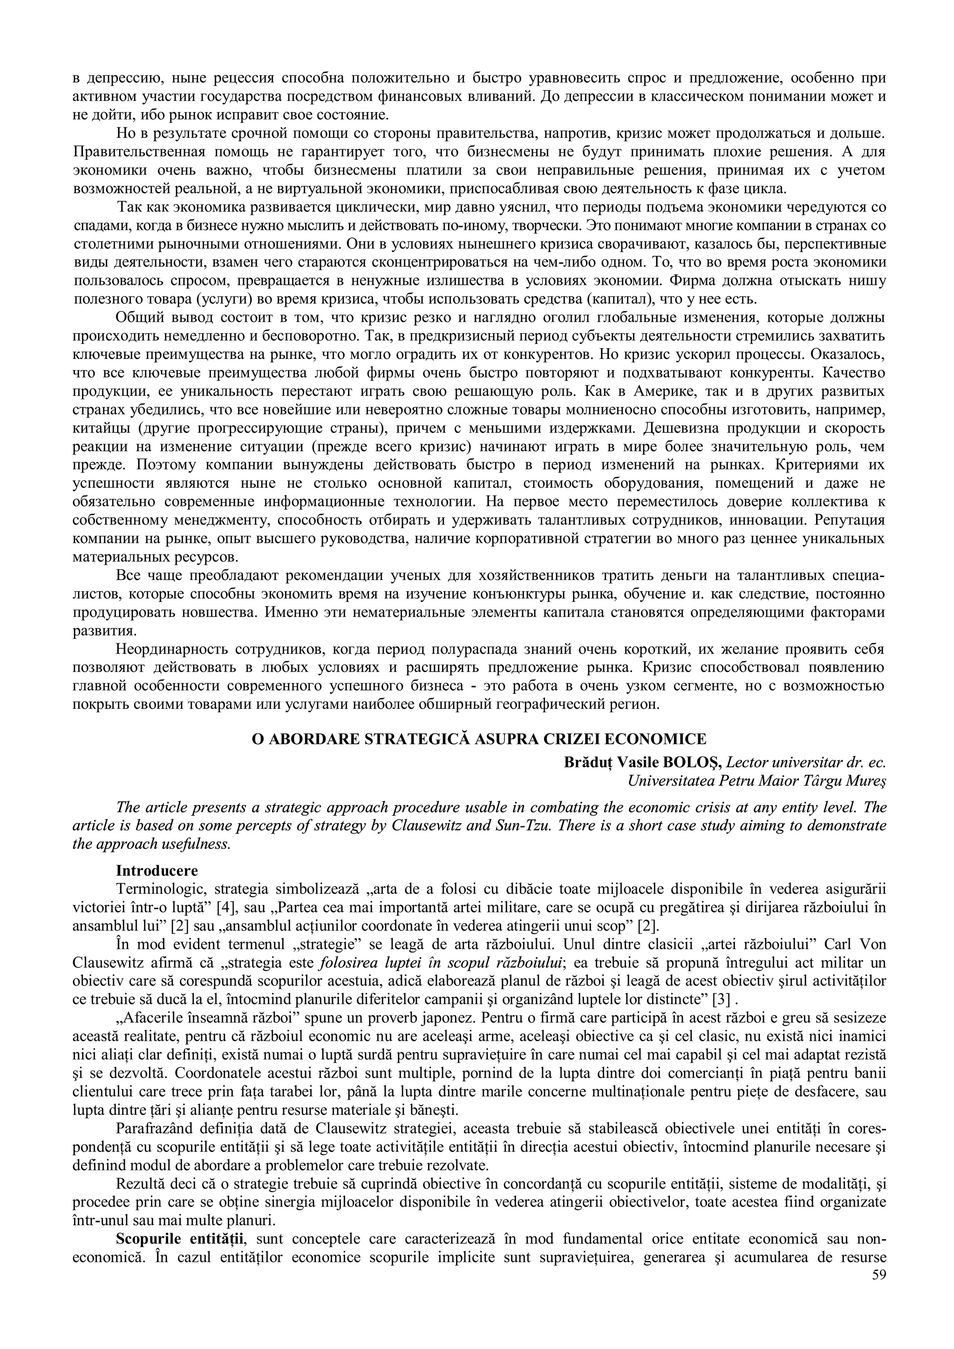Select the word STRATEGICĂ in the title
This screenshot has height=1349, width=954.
pyautogui.click(x=418, y=739)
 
